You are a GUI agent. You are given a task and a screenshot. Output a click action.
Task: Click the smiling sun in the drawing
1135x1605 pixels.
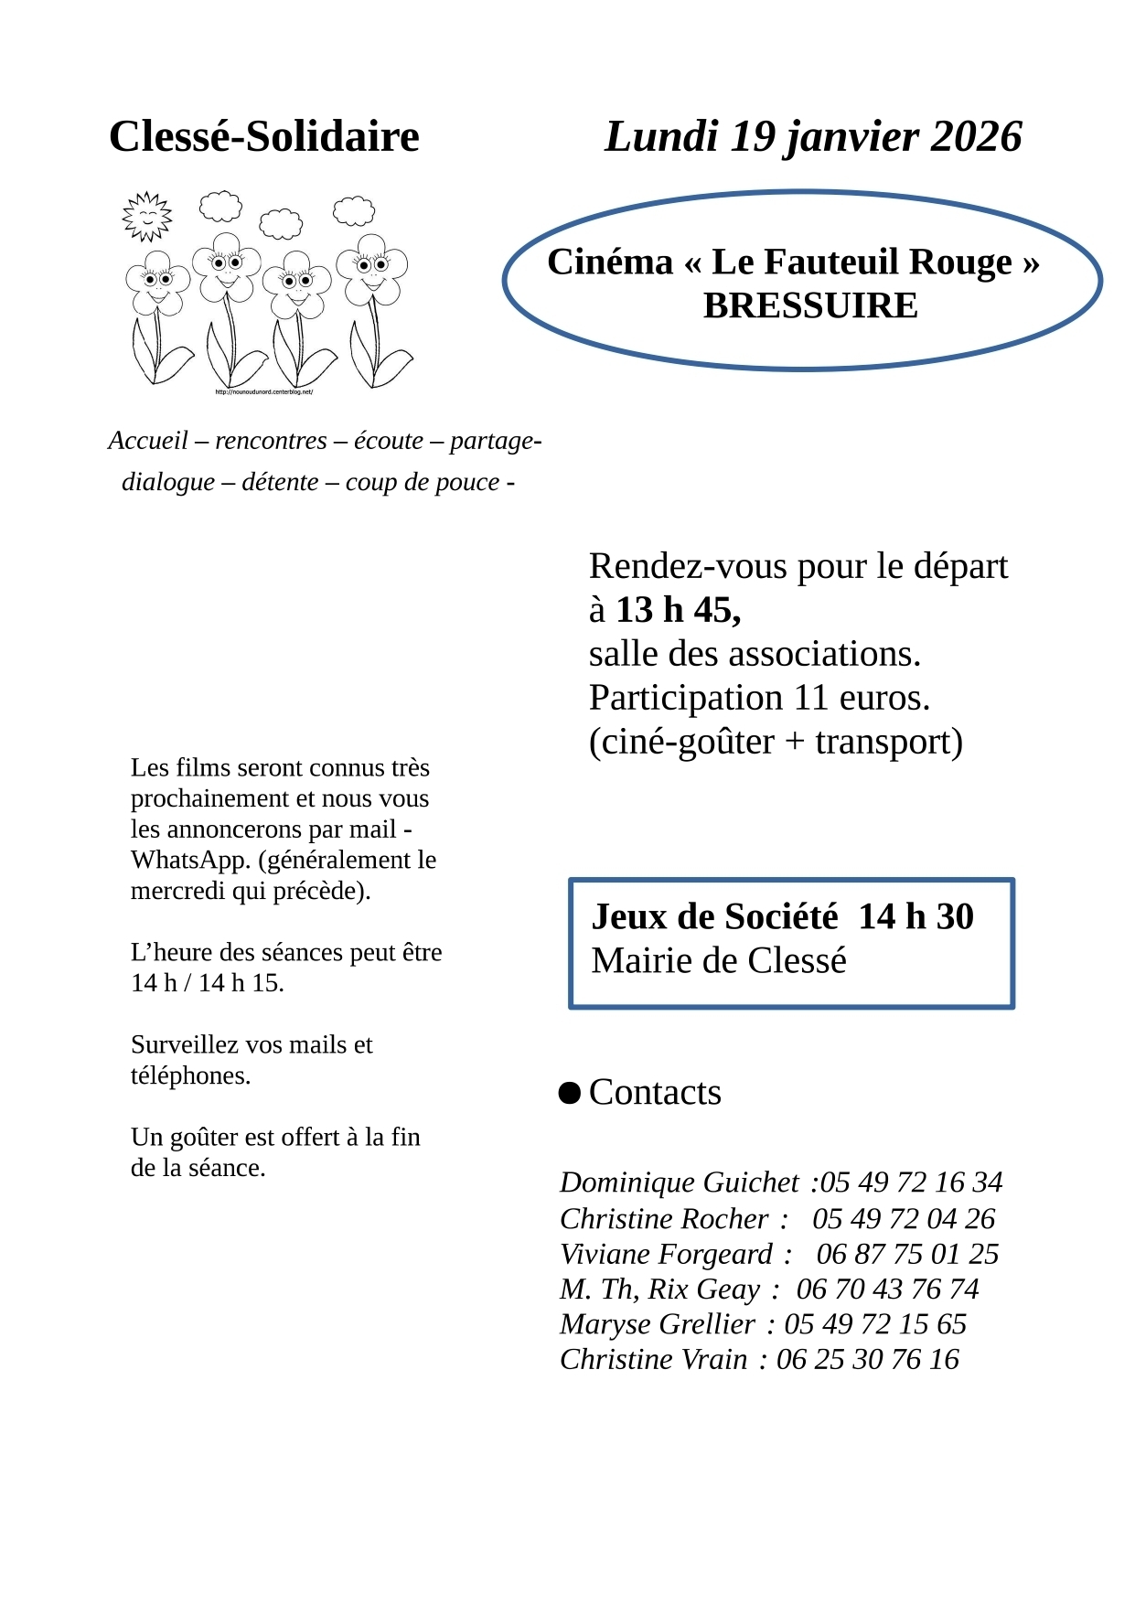tap(146, 217)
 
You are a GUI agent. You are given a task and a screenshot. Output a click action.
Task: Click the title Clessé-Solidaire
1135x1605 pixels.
tap(263, 136)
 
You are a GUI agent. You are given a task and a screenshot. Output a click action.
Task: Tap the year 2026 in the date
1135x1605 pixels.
tap(976, 136)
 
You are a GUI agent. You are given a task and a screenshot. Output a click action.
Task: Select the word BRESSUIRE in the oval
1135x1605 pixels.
tap(810, 305)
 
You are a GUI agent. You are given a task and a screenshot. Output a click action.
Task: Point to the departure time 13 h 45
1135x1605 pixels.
tap(678, 610)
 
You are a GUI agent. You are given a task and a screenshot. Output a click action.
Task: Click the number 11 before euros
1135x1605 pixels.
tap(811, 698)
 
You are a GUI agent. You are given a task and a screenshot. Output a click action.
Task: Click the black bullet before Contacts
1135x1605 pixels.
tap(570, 1093)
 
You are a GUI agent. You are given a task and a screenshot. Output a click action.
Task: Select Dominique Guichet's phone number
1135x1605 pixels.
tap(911, 1182)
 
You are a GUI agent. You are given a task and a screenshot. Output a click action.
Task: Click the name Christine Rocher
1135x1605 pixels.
tap(664, 1219)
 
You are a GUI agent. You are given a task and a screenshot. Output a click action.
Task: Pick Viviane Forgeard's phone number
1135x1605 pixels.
tap(907, 1254)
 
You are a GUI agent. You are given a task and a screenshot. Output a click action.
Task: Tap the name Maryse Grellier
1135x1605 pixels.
tap(658, 1324)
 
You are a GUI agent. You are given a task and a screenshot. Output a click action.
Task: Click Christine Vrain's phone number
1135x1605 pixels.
tap(868, 1360)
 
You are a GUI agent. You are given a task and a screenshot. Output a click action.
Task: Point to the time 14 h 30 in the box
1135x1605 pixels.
tap(915, 916)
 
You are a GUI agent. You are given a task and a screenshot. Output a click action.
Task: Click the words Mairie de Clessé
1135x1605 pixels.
tap(719, 961)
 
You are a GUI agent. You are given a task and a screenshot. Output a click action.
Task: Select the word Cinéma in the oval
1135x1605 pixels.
tap(610, 262)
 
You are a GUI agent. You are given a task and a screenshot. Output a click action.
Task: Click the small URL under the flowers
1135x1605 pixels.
tap(264, 392)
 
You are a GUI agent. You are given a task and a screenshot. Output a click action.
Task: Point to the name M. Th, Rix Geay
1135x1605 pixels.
tap(659, 1289)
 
